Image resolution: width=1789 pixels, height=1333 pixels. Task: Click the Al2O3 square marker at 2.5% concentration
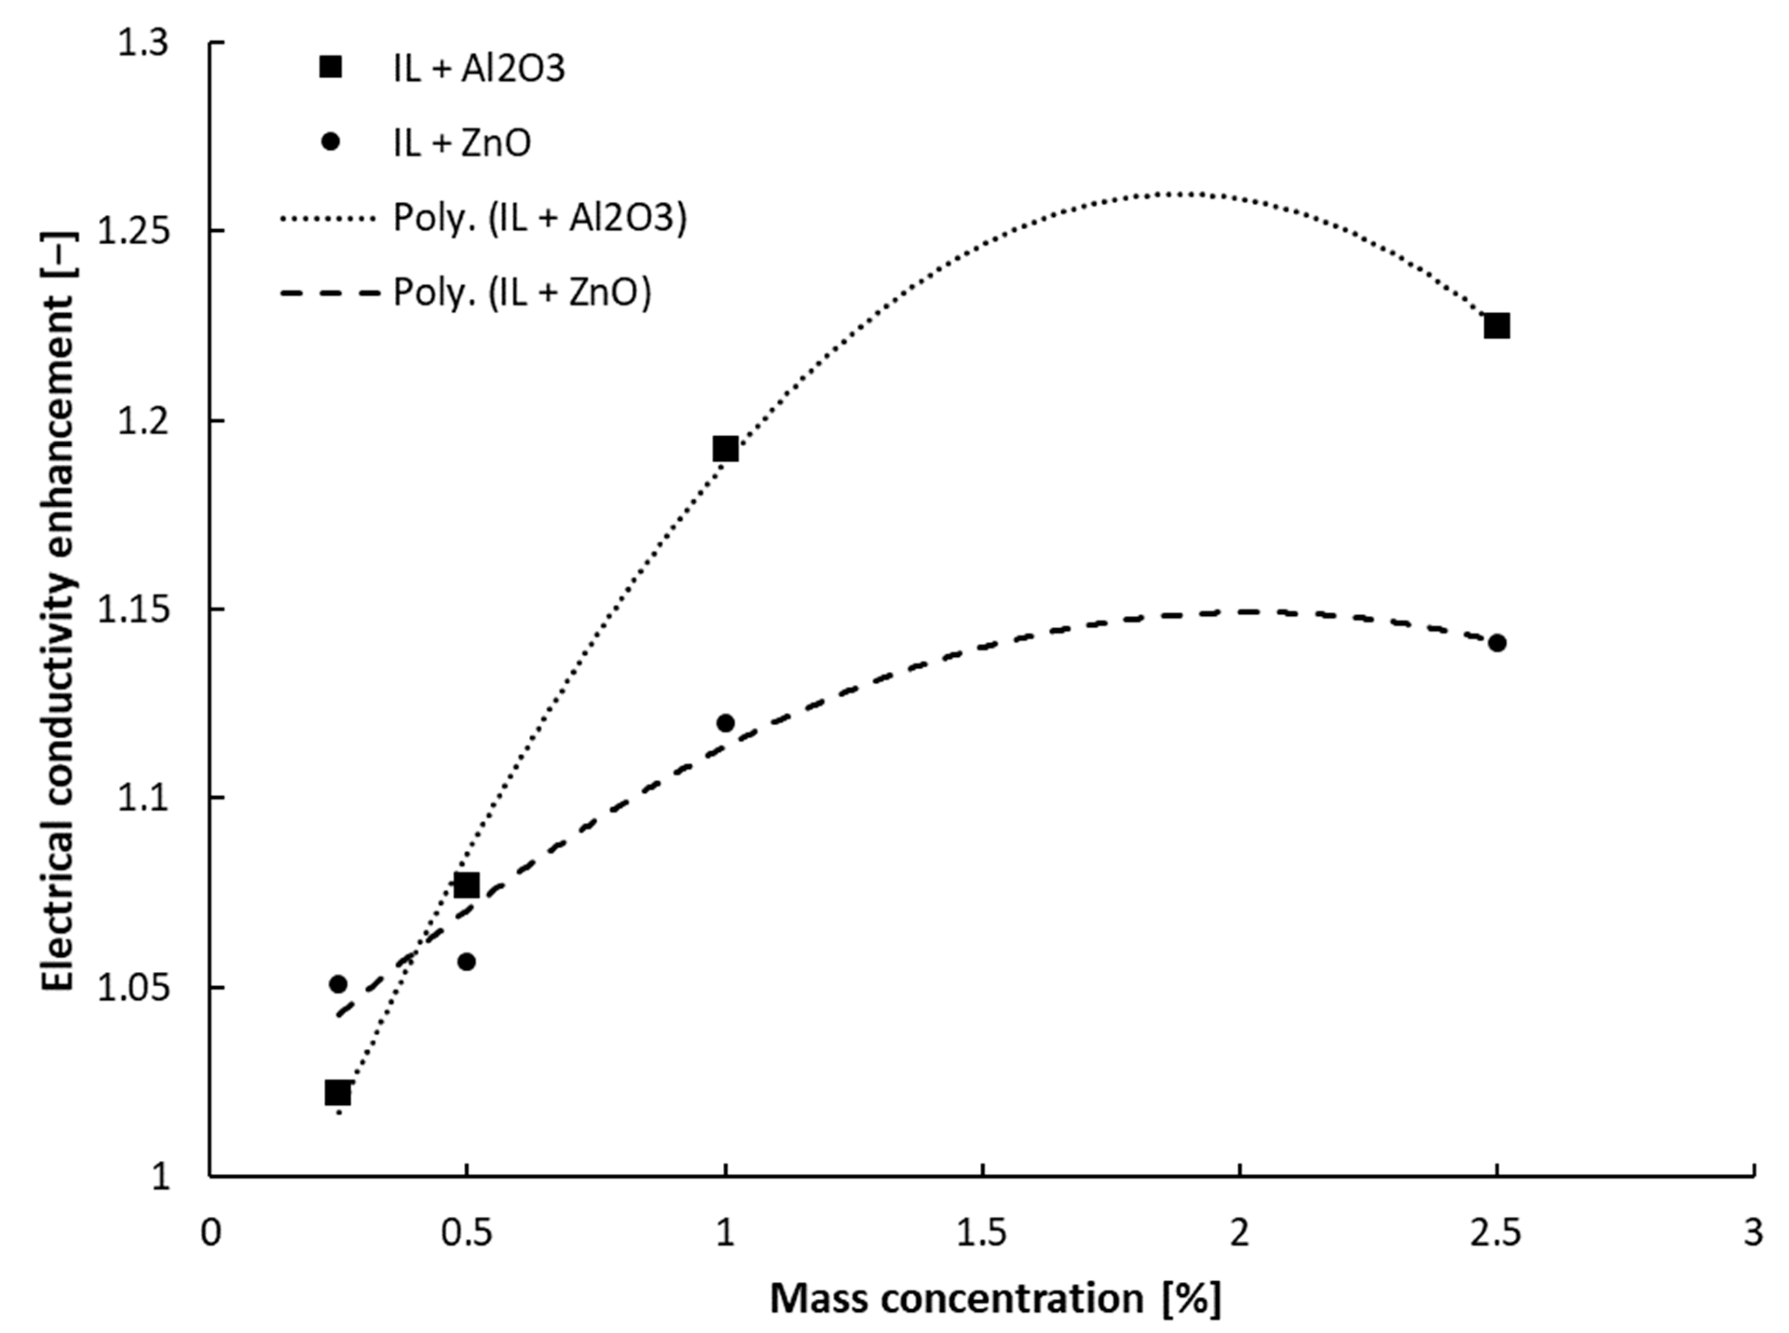point(1497,326)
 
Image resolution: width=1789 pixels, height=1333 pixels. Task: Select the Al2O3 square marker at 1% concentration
point(725,449)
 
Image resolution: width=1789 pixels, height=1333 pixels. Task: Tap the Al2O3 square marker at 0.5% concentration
point(466,885)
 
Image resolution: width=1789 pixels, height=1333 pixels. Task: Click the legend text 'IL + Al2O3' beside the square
point(479,69)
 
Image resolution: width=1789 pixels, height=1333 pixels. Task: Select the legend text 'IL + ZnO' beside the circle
point(462,144)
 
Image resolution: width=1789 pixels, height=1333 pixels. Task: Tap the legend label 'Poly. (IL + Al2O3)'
point(539,218)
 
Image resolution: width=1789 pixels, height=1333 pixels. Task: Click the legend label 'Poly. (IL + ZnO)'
point(522,292)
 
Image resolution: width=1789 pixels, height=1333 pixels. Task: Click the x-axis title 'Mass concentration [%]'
point(995,1299)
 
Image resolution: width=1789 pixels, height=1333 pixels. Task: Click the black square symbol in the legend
point(331,68)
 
